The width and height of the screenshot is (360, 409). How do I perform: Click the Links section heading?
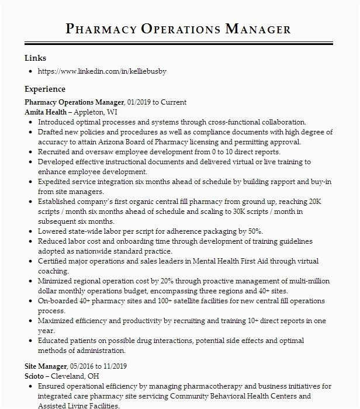(35, 58)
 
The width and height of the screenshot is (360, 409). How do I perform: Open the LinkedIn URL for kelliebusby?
(102, 71)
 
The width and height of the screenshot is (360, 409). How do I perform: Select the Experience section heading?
(45, 89)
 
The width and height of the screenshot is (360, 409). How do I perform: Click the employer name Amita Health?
(45, 112)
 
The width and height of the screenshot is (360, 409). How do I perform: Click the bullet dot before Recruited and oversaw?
(30, 152)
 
